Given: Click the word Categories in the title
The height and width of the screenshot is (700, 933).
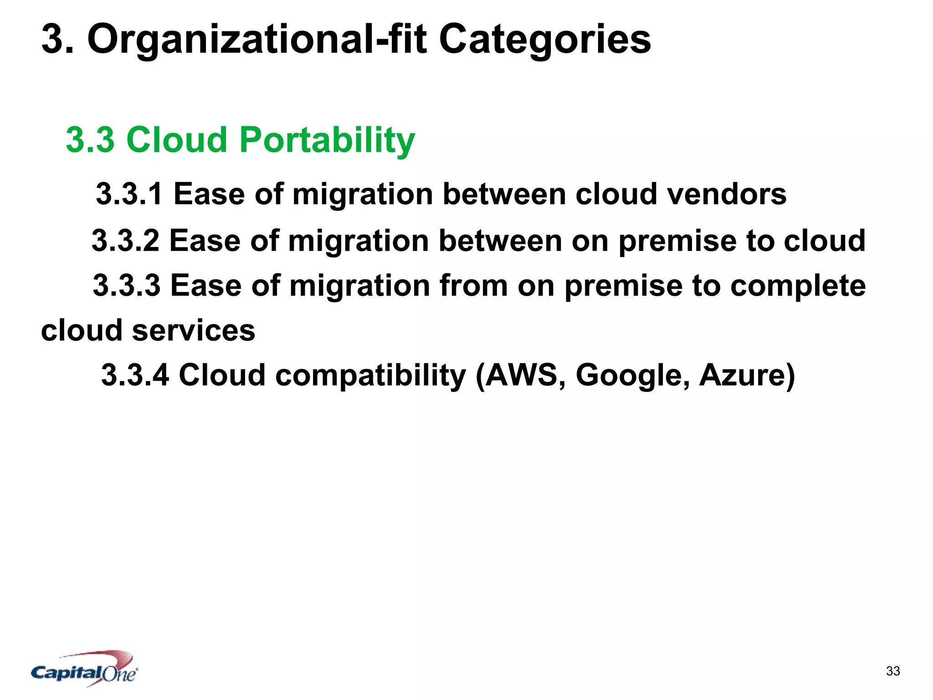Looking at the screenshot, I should point(545,40).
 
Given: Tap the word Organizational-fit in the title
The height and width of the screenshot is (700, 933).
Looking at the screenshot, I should point(257,40).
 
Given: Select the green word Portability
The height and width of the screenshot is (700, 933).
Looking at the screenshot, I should point(327,140).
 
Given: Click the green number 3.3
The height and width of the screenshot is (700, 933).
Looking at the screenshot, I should point(90,139).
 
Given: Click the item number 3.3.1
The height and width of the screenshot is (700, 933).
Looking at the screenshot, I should point(129,194).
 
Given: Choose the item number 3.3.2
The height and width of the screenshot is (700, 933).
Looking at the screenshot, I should point(125,241).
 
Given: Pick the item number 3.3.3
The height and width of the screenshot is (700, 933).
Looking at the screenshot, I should point(127,286).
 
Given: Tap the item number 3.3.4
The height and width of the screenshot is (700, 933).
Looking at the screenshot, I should point(135,375).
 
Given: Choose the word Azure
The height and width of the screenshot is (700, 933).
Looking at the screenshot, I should point(742,375).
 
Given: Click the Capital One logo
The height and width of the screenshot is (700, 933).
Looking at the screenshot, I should point(85,669).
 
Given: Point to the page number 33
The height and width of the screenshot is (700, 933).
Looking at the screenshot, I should point(893,671).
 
